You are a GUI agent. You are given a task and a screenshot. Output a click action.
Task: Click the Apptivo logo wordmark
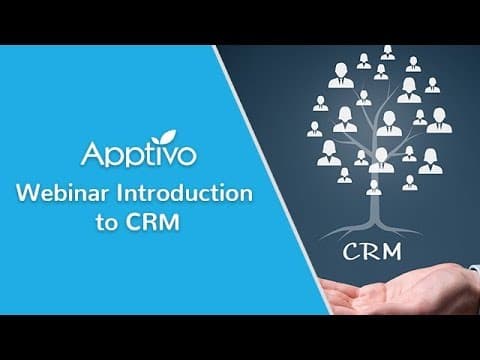tap(139, 153)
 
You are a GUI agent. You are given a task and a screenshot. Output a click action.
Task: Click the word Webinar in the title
tap(63, 193)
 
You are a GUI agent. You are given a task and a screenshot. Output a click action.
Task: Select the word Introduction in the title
tap(184, 193)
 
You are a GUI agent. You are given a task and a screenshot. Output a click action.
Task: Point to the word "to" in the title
tap(107, 223)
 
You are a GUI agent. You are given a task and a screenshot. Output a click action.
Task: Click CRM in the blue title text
tap(152, 222)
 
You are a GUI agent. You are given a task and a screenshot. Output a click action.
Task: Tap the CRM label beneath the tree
tap(372, 252)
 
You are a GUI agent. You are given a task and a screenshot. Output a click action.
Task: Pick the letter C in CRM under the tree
tap(351, 252)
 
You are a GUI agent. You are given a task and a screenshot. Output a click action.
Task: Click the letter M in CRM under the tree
tap(390, 252)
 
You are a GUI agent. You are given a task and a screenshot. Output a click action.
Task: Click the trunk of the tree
tap(374, 210)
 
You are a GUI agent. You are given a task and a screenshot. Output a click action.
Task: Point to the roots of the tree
tap(372, 231)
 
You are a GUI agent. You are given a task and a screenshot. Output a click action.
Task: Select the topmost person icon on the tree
tap(388, 53)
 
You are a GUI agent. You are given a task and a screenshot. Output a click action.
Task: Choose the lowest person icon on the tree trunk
tap(374, 188)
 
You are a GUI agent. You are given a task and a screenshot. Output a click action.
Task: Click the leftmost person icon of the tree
tap(314, 129)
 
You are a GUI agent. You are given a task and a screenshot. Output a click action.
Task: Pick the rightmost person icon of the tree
tap(439, 120)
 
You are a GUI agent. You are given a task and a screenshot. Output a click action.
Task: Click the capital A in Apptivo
tap(93, 154)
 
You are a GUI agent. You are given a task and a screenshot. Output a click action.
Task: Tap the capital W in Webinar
tap(29, 193)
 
